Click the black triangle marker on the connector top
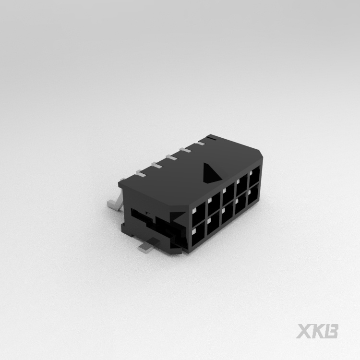[209, 173]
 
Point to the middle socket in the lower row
[227, 218]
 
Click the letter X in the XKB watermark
[303, 331]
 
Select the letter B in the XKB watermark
[332, 331]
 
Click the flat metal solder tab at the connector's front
[150, 247]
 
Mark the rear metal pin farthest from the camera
[211, 139]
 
